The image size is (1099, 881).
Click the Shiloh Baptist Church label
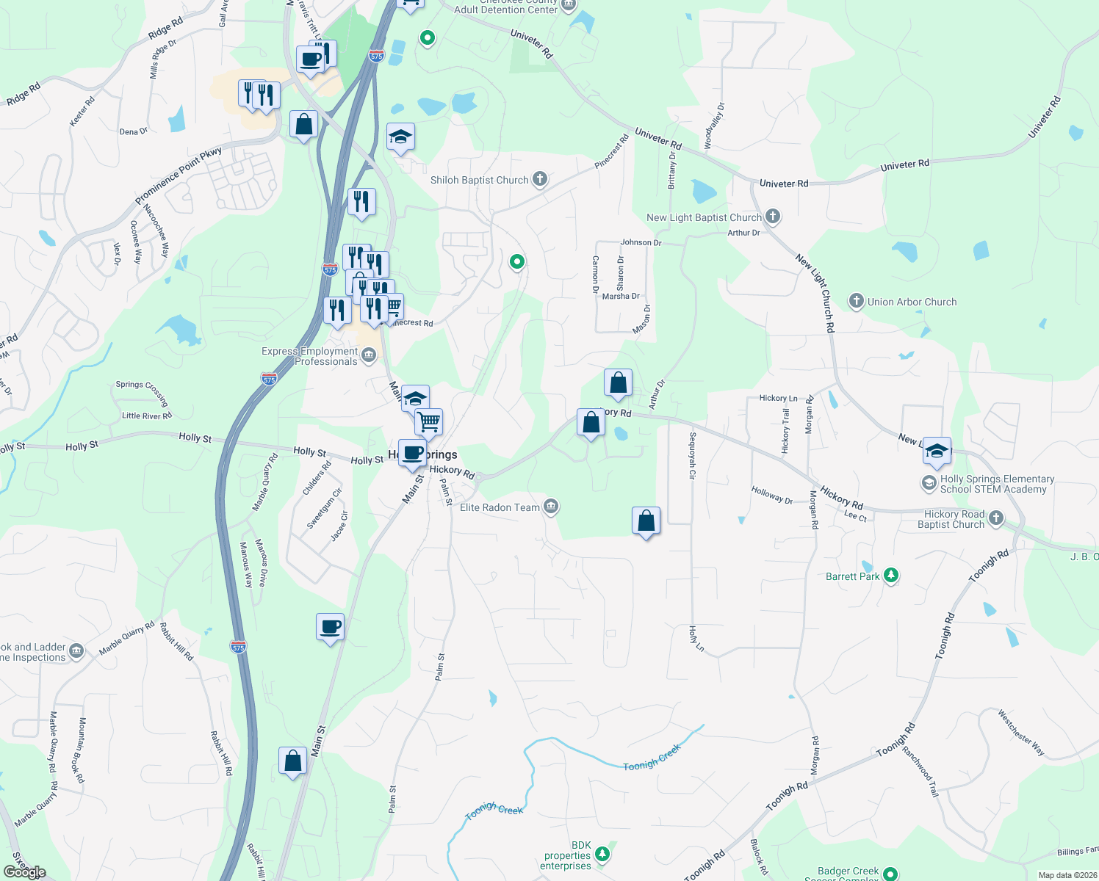click(x=479, y=180)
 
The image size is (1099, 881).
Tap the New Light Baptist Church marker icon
click(x=772, y=216)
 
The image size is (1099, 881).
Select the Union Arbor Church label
click(x=912, y=302)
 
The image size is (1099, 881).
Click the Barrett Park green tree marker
click(x=891, y=575)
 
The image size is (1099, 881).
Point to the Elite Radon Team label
click(x=500, y=507)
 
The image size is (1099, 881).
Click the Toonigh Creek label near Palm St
click(x=494, y=809)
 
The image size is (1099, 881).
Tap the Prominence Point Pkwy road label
click(x=178, y=176)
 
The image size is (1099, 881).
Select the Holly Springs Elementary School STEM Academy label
click(x=997, y=484)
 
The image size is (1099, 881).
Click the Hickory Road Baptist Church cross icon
click(x=995, y=518)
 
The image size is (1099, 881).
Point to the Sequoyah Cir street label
click(x=692, y=455)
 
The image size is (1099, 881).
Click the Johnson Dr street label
click(x=641, y=242)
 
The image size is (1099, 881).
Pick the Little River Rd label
click(x=147, y=416)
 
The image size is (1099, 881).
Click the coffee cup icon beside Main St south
click(x=330, y=627)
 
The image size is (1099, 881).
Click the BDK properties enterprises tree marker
click(x=602, y=852)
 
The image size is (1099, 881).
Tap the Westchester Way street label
click(x=1020, y=732)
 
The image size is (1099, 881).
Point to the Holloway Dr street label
click(x=771, y=496)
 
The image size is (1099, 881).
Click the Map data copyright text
click(x=1067, y=875)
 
